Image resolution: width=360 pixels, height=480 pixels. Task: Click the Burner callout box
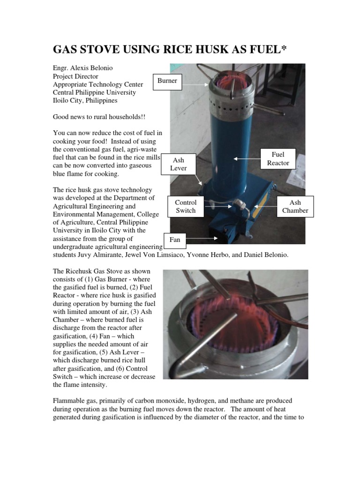point(167,81)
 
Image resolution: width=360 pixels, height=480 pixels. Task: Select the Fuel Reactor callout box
point(278,159)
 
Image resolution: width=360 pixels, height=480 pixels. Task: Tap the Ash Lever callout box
point(179,164)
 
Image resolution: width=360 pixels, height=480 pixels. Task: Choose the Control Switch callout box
point(186,206)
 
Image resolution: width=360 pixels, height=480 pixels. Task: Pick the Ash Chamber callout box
point(295,206)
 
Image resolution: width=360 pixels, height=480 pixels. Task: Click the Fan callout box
point(175,240)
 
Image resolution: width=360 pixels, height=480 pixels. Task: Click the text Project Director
point(75,76)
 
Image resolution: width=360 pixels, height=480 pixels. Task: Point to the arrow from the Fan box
point(202,239)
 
